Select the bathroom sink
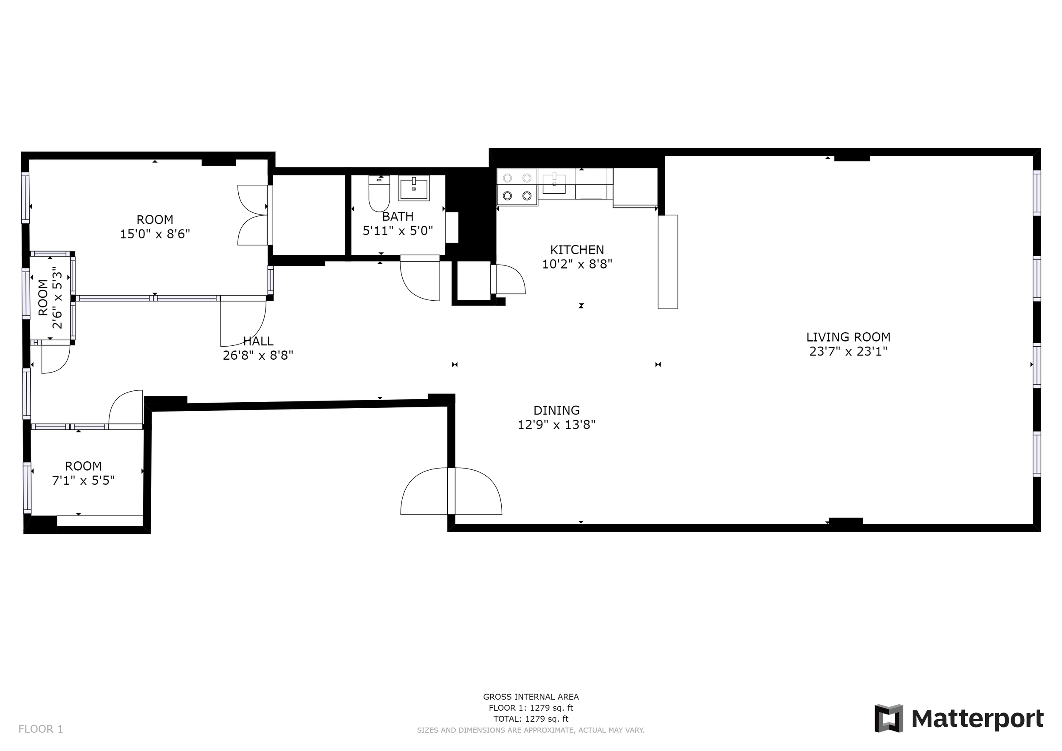413,188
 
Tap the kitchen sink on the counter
554,184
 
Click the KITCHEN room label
577,250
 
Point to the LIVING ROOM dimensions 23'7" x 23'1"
848,352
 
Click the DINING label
556,411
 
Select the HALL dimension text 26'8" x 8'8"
258,356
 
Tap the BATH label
398,216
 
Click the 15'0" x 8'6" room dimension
155,234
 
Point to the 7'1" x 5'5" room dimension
83,481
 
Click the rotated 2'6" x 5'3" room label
50,298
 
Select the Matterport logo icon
888,719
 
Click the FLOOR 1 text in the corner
41,729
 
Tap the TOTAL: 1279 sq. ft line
531,719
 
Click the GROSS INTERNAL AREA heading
531,697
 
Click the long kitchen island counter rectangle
667,262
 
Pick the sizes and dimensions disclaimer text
531,731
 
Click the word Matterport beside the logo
977,719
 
